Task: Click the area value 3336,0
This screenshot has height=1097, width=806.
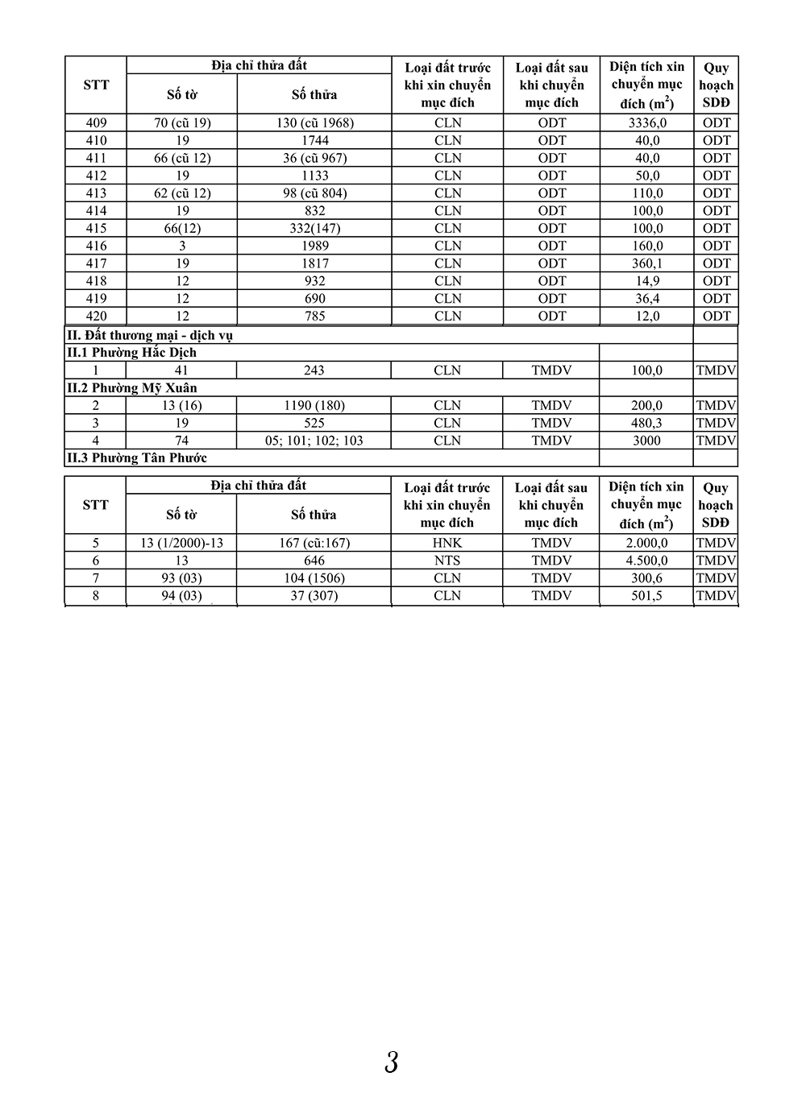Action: click(x=646, y=122)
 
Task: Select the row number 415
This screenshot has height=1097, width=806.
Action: click(x=96, y=228)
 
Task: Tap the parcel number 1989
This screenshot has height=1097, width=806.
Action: click(x=314, y=246)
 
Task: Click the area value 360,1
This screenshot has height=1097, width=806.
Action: click(x=646, y=263)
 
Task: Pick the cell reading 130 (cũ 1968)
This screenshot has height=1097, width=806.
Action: click(x=314, y=122)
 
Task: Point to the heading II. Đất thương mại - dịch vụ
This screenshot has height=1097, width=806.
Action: click(x=149, y=335)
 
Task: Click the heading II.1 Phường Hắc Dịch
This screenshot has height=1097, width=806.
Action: click(x=131, y=353)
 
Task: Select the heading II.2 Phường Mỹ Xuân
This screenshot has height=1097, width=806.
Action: click(x=131, y=387)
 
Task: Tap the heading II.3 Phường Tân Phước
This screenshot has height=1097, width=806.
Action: click(x=136, y=457)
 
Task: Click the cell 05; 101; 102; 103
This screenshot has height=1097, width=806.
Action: click(x=314, y=441)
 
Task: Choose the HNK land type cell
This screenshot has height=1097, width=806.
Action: click(x=447, y=543)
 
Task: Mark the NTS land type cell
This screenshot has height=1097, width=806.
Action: click(x=447, y=561)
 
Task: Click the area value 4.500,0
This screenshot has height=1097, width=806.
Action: click(x=646, y=561)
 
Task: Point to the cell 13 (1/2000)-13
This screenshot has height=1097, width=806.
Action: click(x=182, y=543)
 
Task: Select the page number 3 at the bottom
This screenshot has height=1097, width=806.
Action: click(x=392, y=1062)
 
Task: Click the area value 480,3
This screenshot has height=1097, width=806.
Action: click(x=646, y=423)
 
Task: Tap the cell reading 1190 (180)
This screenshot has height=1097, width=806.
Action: click(x=314, y=405)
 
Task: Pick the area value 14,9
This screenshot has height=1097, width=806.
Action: click(x=646, y=281)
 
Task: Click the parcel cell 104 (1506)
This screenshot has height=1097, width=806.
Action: click(x=314, y=578)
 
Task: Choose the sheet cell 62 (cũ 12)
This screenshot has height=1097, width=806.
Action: click(x=182, y=193)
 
